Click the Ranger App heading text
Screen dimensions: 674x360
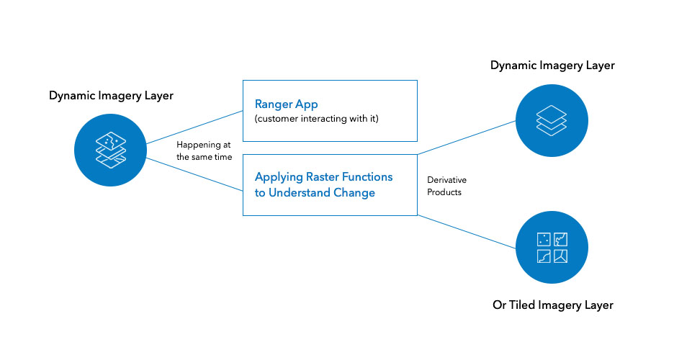pos(287,104)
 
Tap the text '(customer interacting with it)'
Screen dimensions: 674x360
pos(316,119)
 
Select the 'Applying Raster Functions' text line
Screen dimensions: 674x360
pos(323,177)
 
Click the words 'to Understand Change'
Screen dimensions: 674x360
pos(315,192)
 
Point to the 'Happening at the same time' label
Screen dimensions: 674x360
pos(205,150)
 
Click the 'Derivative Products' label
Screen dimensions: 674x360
pos(446,186)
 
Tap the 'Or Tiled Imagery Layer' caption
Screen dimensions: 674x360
pos(553,305)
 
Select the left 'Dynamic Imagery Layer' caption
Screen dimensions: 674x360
pos(111,95)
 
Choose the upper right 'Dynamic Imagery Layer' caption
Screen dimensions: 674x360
pos(552,66)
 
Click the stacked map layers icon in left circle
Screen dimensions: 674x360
pos(110,150)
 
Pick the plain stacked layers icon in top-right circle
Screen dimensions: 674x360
pos(552,120)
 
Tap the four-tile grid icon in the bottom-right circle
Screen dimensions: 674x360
pos(552,248)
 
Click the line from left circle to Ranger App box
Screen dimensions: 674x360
pos(194,127)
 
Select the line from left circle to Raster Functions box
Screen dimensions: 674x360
pos(194,174)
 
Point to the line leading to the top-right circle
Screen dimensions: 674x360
pos(467,138)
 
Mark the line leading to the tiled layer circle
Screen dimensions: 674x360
pos(467,232)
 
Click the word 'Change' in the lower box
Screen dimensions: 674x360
pos(354,192)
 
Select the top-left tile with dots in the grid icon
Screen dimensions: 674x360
pos(544,239)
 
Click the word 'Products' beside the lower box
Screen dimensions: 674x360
pos(444,192)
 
